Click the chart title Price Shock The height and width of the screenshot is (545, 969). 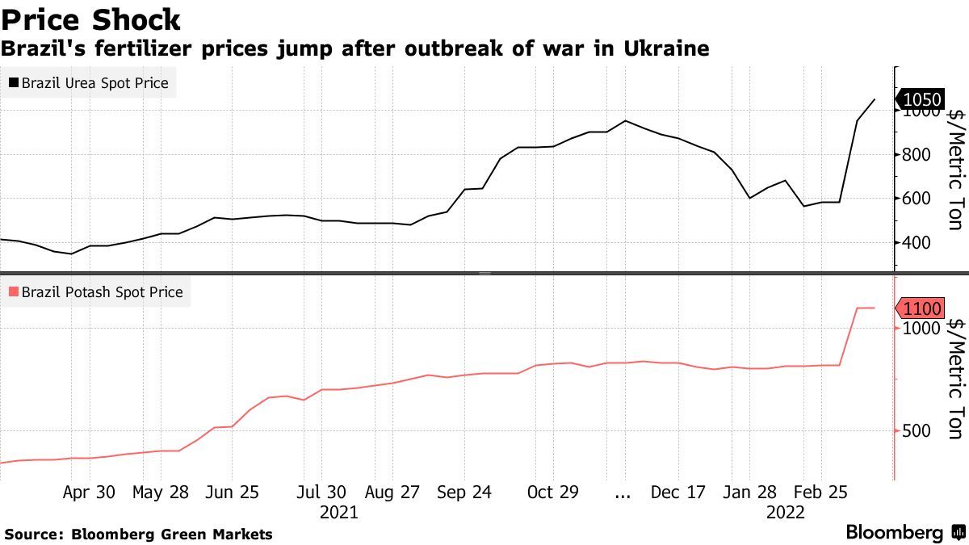[x=90, y=19]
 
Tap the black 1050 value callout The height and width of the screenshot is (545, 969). [x=921, y=100]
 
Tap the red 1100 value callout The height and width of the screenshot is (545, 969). [x=921, y=308]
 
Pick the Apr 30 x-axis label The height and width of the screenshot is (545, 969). [x=89, y=493]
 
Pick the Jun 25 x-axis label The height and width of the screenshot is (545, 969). [x=232, y=493]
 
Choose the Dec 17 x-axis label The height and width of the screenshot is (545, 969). [x=679, y=493]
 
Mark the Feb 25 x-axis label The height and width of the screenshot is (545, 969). [x=820, y=493]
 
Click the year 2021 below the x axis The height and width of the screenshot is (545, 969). [x=339, y=512]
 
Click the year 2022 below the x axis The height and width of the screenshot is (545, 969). [x=785, y=512]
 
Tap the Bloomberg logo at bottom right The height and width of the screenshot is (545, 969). [x=894, y=533]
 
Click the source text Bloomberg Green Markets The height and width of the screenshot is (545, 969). [x=172, y=535]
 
